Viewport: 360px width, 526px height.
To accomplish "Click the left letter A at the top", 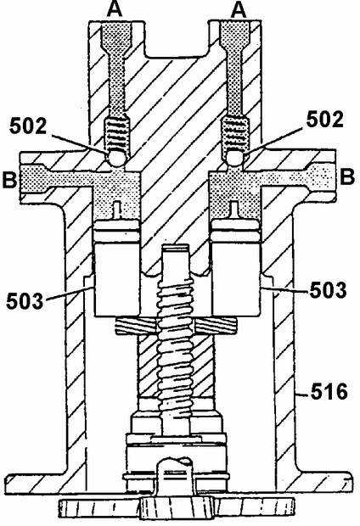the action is [115, 10].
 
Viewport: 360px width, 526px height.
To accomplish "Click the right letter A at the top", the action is [238, 10].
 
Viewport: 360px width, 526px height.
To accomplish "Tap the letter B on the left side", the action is [9, 180].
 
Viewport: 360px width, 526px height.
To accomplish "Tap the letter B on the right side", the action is [347, 176].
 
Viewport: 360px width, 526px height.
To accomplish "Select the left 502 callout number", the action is [28, 126].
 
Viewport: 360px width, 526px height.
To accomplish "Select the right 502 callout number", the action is [324, 120].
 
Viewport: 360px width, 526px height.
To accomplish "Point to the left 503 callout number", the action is [25, 300].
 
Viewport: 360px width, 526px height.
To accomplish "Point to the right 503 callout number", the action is [328, 290].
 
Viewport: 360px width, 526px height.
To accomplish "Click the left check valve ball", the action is [115, 157].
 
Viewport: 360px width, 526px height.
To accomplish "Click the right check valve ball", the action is [234, 157].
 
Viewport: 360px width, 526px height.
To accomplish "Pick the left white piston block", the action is [116, 279].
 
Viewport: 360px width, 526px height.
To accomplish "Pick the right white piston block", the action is [236, 279].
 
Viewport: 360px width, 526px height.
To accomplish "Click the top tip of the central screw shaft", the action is [175, 247].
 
